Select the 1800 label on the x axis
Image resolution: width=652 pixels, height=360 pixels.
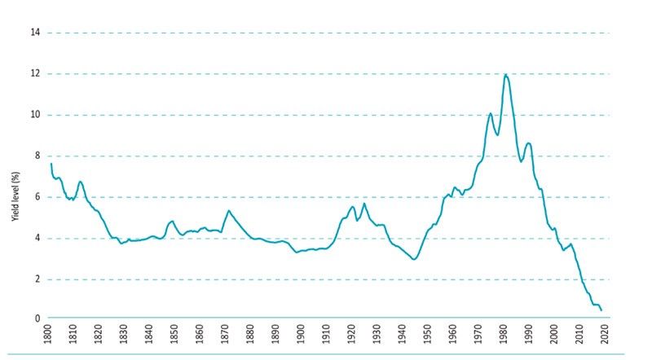pyautogui.click(x=48, y=336)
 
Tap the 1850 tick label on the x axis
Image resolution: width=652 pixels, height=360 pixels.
pyautogui.click(x=174, y=336)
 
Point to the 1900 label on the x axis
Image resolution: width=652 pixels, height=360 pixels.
pyautogui.click(x=301, y=336)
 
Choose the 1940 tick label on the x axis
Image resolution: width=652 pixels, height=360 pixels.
pyautogui.click(x=402, y=336)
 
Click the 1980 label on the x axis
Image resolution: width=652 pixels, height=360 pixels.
pyautogui.click(x=503, y=336)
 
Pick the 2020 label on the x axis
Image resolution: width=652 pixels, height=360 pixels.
pyautogui.click(x=604, y=336)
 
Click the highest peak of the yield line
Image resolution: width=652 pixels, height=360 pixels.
pyautogui.click(x=506, y=74)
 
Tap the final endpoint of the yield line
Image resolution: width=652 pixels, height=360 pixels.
pyautogui.click(x=601, y=310)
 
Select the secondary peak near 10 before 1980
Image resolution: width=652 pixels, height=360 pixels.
pyautogui.click(x=490, y=113)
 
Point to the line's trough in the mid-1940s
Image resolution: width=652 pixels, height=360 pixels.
pyautogui.click(x=414, y=259)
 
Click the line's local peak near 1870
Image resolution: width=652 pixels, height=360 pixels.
pyautogui.click(x=228, y=211)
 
